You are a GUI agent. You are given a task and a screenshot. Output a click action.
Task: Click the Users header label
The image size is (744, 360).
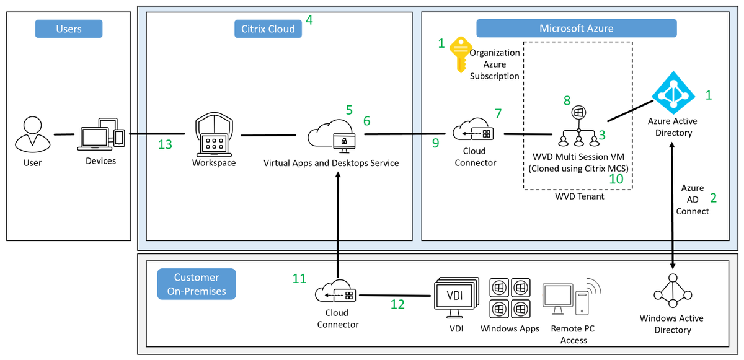[x=68, y=29]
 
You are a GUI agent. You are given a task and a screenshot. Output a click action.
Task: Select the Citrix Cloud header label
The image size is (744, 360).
[x=268, y=29]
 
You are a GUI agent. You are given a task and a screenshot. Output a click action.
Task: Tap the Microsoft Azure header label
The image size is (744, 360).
[x=576, y=29]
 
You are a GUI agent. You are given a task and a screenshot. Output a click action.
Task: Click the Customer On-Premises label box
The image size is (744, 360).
[x=196, y=284]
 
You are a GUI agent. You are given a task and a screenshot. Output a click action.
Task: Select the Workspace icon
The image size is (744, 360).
[x=214, y=135]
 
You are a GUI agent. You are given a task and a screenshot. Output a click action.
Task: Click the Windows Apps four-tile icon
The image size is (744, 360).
[x=510, y=298]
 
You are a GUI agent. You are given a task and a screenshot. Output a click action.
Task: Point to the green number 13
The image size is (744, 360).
[x=165, y=144]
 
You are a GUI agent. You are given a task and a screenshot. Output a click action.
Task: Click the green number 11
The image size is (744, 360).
[x=299, y=279]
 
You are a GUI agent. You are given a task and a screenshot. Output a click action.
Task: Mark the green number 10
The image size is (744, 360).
[x=616, y=178]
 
